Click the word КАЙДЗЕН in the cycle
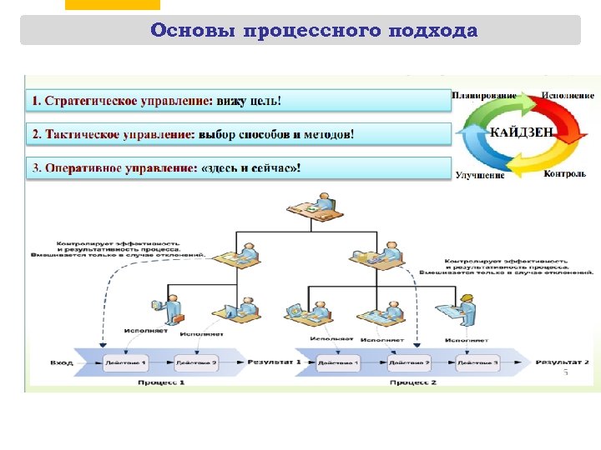coord(520,132)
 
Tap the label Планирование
coord(484,96)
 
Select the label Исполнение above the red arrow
coord(568,96)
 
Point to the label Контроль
coord(564,174)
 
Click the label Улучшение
coord(480,175)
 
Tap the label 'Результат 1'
coord(273,362)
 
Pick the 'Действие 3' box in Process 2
coord(478,363)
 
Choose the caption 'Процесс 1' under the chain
coord(161,382)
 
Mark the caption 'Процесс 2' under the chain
coord(412,382)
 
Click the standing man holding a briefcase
coord(172,309)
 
